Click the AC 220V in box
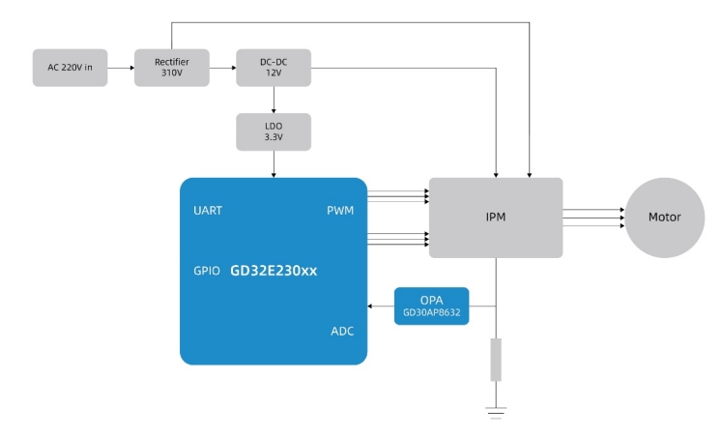pos(71,68)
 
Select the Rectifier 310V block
pos(172,68)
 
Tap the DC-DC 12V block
pos(274,68)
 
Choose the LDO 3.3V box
pos(274,131)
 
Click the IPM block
pos(496,218)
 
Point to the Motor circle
pos(664,218)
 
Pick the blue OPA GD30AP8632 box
pos(431,306)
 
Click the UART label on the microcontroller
pos(208,211)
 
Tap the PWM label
pos(340,211)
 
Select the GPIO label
pos(207,271)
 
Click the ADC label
pos(342,332)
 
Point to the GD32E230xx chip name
pos(274,271)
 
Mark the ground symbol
pos(496,412)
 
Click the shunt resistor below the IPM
pos(496,359)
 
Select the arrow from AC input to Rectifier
pos(121,68)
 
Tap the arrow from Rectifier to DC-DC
pos(222,68)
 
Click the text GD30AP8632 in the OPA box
pos(431,313)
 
